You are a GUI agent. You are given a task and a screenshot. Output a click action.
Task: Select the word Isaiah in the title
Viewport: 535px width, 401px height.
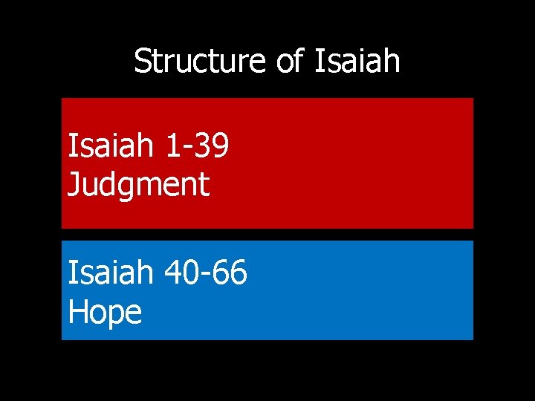[x=357, y=61]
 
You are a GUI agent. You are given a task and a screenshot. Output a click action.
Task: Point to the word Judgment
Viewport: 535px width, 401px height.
[x=139, y=183]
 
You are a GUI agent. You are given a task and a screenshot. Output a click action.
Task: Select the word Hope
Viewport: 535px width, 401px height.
[x=105, y=311]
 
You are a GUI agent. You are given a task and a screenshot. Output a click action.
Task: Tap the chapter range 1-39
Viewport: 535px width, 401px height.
[x=197, y=146]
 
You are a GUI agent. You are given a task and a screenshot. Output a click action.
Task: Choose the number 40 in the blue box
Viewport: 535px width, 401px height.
[x=182, y=273]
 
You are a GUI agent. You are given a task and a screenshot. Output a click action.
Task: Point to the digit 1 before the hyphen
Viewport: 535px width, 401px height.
[x=172, y=146]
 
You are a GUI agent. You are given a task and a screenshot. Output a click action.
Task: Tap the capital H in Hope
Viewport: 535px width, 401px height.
[x=78, y=311]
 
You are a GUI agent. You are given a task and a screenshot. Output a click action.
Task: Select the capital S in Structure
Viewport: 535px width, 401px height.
[x=143, y=61]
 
